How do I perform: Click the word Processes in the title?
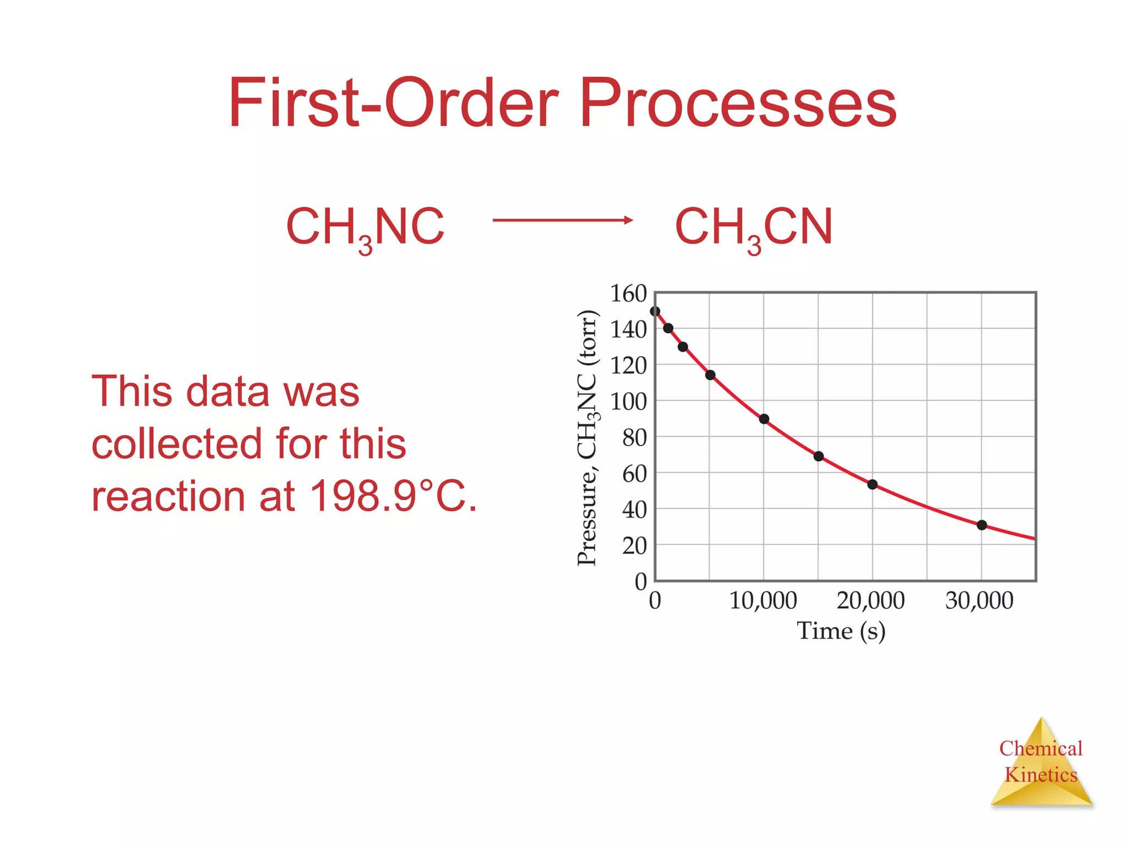[738, 103]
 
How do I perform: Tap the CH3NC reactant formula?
[365, 227]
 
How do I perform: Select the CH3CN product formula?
[754, 227]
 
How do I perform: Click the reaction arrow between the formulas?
[562, 220]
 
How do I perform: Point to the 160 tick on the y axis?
[628, 294]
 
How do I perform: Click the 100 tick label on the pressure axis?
[628, 402]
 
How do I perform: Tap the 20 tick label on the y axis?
[634, 546]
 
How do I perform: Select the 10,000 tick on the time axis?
[763, 601]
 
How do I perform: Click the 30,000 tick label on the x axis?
[979, 601]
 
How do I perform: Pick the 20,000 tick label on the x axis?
[870, 601]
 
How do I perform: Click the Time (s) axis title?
[841, 631]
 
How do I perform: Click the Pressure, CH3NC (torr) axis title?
[587, 437]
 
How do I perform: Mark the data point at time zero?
[655, 312]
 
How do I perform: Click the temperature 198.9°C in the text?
[393, 496]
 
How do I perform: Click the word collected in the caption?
[176, 443]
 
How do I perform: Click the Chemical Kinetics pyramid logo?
[1041, 764]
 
